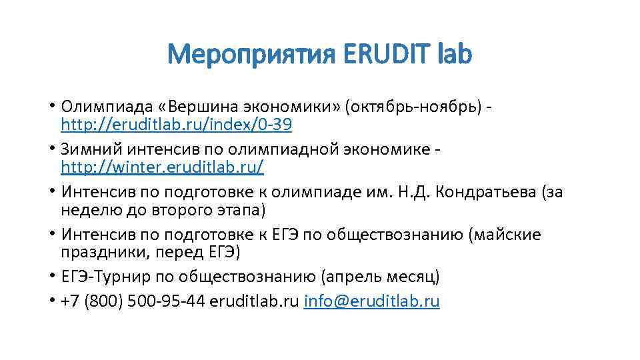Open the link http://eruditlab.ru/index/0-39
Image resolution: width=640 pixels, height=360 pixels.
click(176, 125)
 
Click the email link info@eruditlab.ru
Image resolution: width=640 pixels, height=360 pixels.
click(371, 301)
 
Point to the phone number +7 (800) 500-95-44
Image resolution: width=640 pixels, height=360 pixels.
click(132, 301)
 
